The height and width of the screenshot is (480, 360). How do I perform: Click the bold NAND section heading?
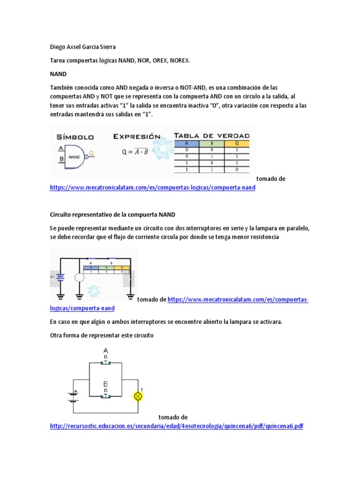pos(58,74)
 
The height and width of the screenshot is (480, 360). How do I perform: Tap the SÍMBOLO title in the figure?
pos(75,137)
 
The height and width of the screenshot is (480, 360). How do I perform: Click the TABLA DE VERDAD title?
pos(211,136)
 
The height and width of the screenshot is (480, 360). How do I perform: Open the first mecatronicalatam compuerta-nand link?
pos(152,187)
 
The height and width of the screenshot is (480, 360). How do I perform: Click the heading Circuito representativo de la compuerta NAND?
pos(112,215)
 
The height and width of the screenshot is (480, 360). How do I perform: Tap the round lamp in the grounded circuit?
pos(79,277)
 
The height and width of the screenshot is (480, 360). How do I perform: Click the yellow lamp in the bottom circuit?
pos(138,396)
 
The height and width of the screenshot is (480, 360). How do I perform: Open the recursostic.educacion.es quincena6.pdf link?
pos(176,426)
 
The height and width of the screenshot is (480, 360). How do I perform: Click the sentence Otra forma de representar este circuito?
pos(102,336)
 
